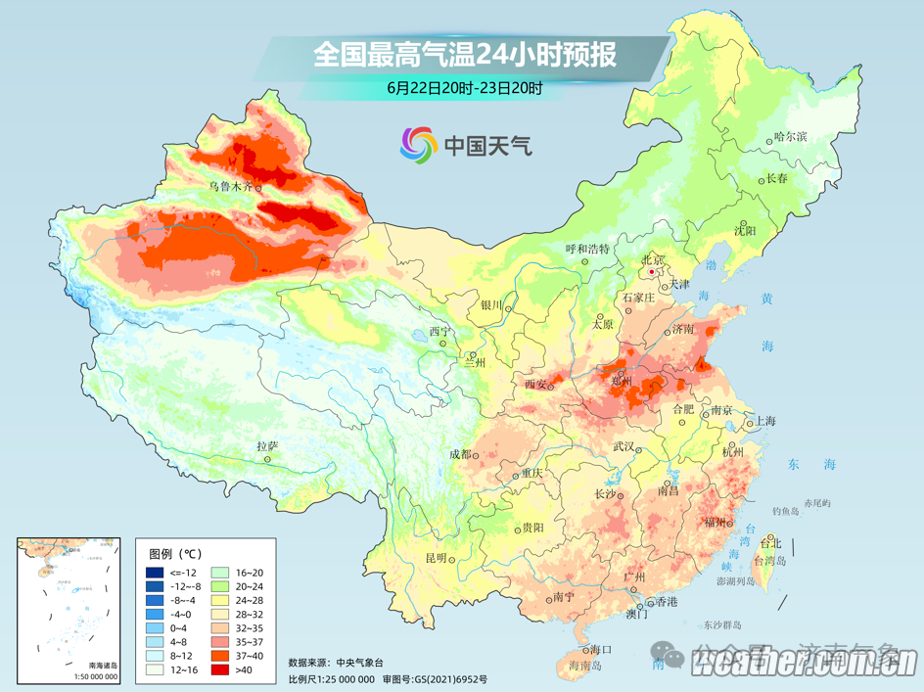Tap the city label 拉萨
(267, 446)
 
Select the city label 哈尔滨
(791, 137)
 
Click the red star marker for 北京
(650, 272)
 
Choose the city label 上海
(764, 421)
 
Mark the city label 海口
(600, 649)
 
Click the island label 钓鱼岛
(786, 511)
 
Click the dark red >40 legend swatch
(155, 670)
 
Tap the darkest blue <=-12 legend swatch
(155, 572)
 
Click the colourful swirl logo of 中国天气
(418, 145)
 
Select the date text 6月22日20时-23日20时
(464, 87)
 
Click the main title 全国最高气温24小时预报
(465, 55)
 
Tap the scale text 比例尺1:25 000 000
(332, 678)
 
